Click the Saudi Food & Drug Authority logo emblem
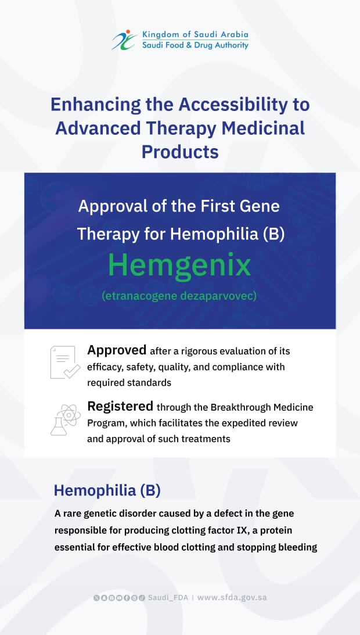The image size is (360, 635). tap(125, 40)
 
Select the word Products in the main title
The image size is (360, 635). tap(180, 152)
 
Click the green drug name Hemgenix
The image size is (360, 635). tap(180, 266)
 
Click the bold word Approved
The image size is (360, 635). tap(117, 350)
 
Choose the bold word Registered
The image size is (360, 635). tap(120, 406)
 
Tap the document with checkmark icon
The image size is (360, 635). tap(65, 362)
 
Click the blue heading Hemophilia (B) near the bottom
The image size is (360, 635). tap(107, 490)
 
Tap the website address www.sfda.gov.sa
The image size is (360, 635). tap(232, 597)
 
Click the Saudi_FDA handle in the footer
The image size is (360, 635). tap(168, 597)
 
